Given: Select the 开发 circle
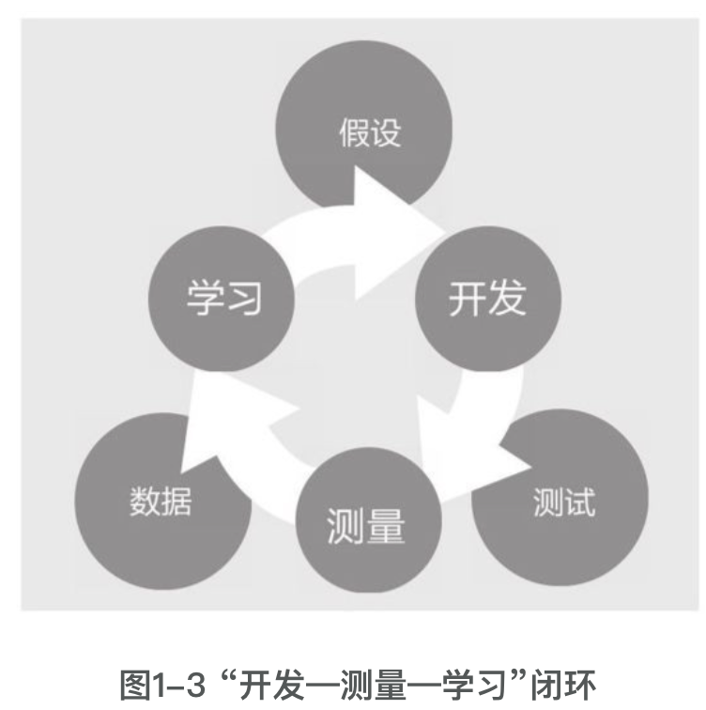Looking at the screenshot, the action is [x=486, y=299].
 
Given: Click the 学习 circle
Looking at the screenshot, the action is [x=222, y=299].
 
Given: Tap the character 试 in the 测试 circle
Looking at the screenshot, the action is [x=577, y=501].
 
